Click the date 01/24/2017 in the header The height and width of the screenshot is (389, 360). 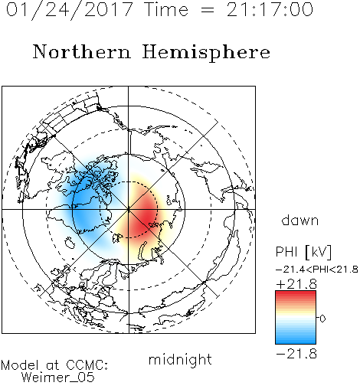click(69, 10)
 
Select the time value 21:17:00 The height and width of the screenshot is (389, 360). click(270, 10)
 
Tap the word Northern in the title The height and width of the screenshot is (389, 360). click(82, 52)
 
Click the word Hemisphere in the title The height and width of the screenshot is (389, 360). click(206, 52)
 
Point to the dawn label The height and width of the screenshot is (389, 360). click(300, 220)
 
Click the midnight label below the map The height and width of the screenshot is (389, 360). click(180, 360)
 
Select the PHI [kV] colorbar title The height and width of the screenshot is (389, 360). click(303, 252)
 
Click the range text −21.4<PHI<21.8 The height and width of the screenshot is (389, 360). click(317, 270)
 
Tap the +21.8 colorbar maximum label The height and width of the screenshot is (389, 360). click(296, 284)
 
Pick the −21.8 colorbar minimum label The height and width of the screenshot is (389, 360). click(296, 354)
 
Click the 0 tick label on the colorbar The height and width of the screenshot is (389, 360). click(322, 319)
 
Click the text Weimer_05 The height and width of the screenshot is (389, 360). click(58, 378)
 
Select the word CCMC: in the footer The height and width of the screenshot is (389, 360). click(87, 365)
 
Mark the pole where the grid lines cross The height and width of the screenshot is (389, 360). click(129, 209)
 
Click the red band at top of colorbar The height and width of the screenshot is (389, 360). click(296, 294)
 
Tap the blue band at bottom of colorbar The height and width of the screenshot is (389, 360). click(296, 340)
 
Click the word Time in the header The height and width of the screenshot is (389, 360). click(166, 10)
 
